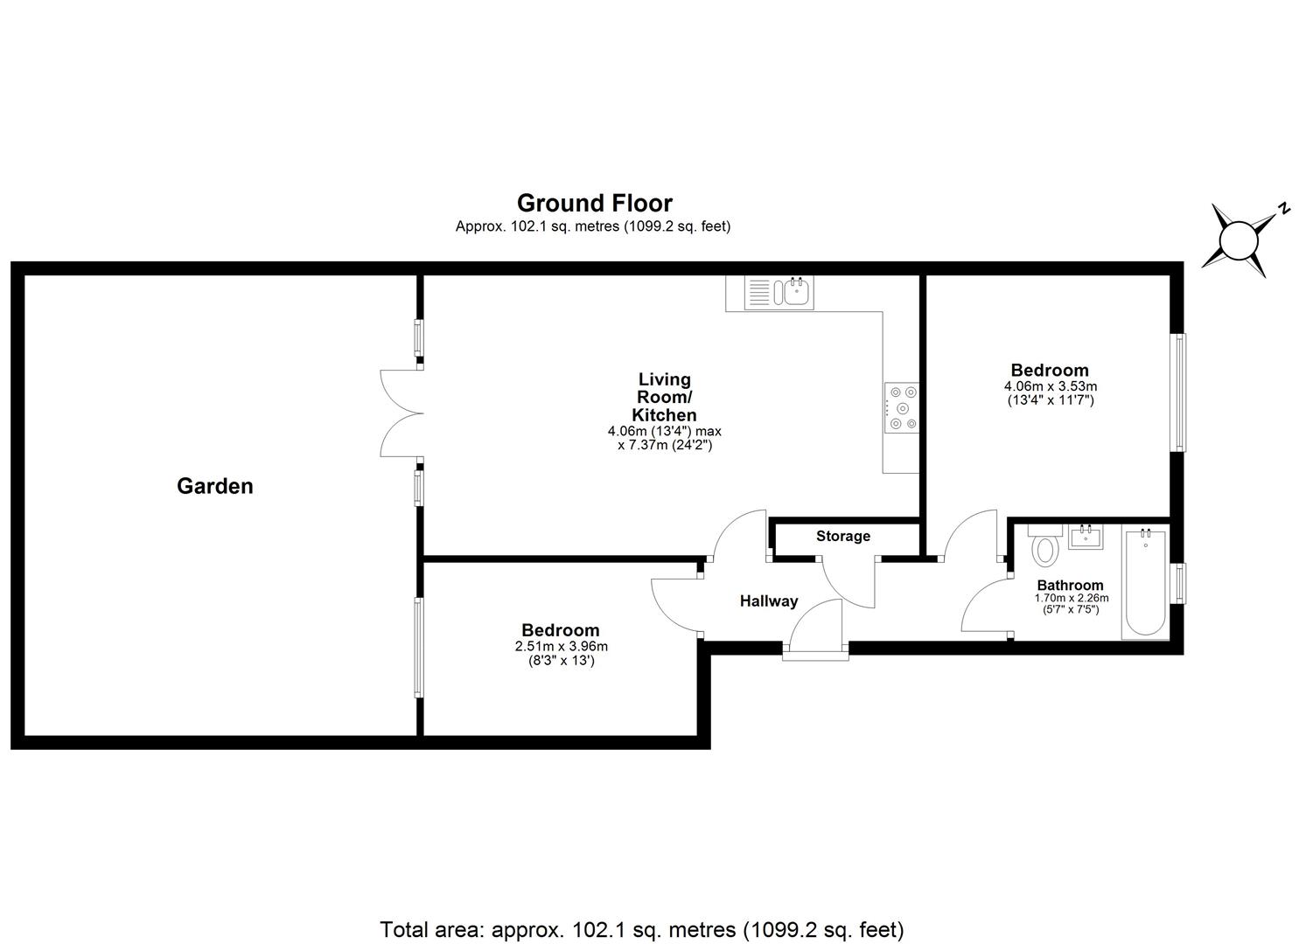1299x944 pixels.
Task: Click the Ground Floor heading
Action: click(x=594, y=203)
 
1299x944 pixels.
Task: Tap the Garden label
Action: click(x=214, y=486)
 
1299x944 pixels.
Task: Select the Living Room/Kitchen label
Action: click(x=665, y=397)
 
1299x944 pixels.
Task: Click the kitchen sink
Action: click(x=779, y=292)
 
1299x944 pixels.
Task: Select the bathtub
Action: click(x=1145, y=582)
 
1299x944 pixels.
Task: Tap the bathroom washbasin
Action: click(x=1086, y=536)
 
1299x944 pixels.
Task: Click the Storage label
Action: click(x=843, y=536)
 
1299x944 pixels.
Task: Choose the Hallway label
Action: click(x=769, y=601)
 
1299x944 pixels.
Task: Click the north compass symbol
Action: click(x=1239, y=240)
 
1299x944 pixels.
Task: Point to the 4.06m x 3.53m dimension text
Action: click(x=1050, y=386)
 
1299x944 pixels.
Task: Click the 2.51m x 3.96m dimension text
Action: click(x=561, y=647)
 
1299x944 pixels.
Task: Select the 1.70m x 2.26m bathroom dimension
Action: click(x=1071, y=599)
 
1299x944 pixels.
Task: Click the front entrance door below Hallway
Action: click(x=815, y=629)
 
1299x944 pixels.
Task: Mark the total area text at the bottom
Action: click(x=641, y=929)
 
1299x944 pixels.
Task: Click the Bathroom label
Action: click(x=1070, y=586)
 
